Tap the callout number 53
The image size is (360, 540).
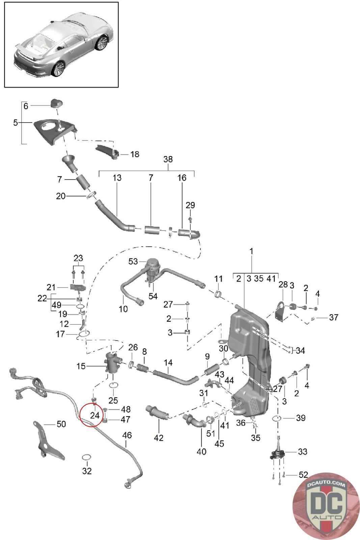point(133,261)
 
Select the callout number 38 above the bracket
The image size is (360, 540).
point(168,159)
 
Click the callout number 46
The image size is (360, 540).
point(127,435)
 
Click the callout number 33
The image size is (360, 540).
point(302,451)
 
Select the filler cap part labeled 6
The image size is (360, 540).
point(56,103)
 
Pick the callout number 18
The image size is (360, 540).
point(135,154)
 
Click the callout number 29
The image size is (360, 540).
point(190,205)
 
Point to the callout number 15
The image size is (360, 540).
point(81,366)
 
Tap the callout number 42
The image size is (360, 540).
point(159,438)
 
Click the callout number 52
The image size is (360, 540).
point(303,475)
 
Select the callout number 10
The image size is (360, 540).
point(123,309)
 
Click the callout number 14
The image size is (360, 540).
point(168,363)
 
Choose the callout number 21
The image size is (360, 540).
point(51,287)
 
